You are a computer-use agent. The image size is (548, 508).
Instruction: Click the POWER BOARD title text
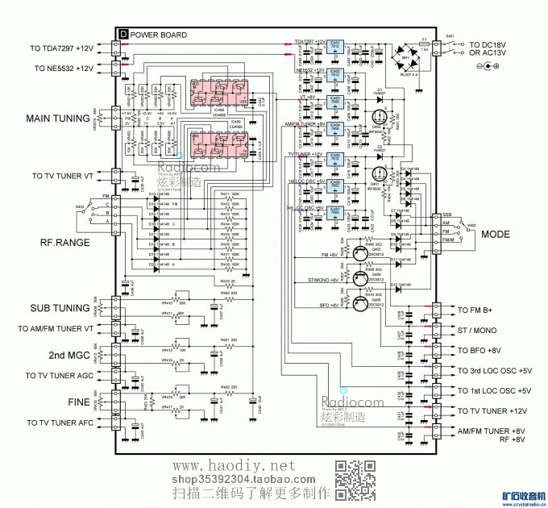(x=159, y=35)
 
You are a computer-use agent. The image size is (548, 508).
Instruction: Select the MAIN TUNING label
(x=58, y=119)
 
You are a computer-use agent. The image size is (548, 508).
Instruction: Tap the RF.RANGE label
(x=65, y=241)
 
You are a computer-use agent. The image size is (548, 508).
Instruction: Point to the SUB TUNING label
(x=60, y=308)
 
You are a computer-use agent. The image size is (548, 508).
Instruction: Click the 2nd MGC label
(x=69, y=355)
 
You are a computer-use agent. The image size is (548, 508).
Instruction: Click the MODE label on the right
(x=496, y=234)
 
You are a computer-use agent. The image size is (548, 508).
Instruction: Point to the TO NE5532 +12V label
(x=64, y=69)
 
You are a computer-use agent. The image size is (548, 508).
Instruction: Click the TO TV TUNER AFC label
(x=60, y=423)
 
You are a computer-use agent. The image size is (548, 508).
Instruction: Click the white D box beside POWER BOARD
(x=122, y=35)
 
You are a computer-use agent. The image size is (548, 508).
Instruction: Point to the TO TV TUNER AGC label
(x=60, y=377)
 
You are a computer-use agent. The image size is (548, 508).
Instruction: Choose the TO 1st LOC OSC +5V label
(x=494, y=391)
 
